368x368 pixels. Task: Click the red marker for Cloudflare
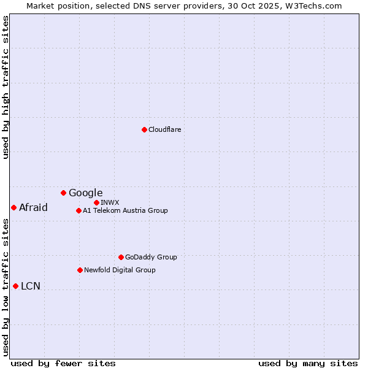tap(144, 129)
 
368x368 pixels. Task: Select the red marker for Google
tap(63, 193)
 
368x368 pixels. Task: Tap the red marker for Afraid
tap(13, 207)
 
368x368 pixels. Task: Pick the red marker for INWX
tap(96, 202)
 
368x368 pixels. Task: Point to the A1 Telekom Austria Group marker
tap(79, 210)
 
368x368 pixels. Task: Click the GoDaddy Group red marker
tap(121, 257)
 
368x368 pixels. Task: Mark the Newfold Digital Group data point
tap(80, 270)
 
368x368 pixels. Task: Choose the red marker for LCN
tap(15, 286)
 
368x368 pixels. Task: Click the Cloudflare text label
tap(164, 129)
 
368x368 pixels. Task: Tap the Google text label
tap(85, 193)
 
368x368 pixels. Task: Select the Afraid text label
tap(33, 207)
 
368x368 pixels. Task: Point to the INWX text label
tap(110, 202)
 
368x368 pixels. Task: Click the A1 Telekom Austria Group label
tap(125, 210)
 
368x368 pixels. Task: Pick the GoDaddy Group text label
tap(151, 257)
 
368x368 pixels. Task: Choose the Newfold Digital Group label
tap(120, 270)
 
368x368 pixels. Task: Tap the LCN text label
tap(31, 286)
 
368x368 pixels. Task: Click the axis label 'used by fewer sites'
tap(63, 363)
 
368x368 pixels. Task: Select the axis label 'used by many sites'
tap(308, 363)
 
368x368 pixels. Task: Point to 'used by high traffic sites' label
tap(6, 87)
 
